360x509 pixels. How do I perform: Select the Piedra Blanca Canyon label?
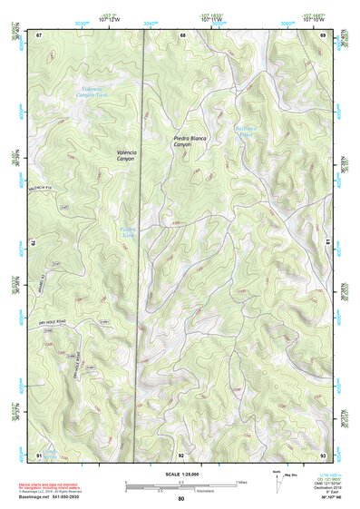(x=190, y=142)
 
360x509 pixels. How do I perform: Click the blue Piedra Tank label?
(x=129, y=231)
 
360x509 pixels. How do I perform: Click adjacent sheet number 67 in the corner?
(x=39, y=35)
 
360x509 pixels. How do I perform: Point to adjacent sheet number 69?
(x=324, y=35)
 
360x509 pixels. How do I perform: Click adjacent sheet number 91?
(x=39, y=454)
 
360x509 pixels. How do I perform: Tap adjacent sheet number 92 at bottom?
(x=181, y=454)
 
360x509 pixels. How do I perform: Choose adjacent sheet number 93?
(x=324, y=454)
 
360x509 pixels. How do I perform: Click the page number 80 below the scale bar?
(x=181, y=499)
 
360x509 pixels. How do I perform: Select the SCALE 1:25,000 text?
(x=181, y=475)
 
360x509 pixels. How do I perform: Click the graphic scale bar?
(x=181, y=485)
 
